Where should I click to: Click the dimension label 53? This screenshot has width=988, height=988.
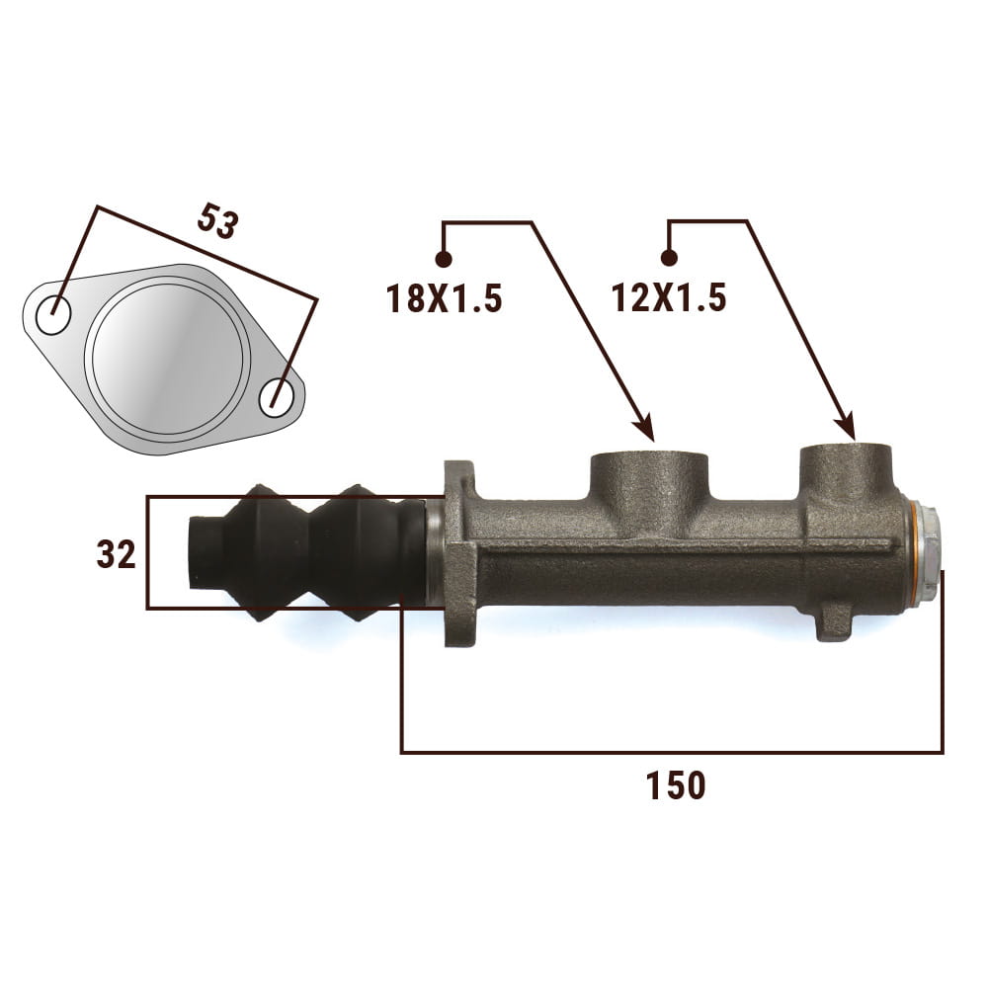tap(218, 220)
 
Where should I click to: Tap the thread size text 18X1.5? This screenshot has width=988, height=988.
tap(445, 298)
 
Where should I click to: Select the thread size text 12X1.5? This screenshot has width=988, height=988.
tap(669, 297)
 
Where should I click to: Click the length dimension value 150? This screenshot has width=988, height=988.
tap(676, 785)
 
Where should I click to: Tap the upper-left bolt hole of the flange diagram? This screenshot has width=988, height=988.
tap(53, 315)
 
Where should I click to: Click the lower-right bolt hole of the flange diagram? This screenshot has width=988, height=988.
tap(277, 397)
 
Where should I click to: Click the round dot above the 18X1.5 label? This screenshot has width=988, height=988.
tap(444, 258)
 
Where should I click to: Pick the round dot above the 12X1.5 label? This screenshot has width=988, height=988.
tap(669, 258)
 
